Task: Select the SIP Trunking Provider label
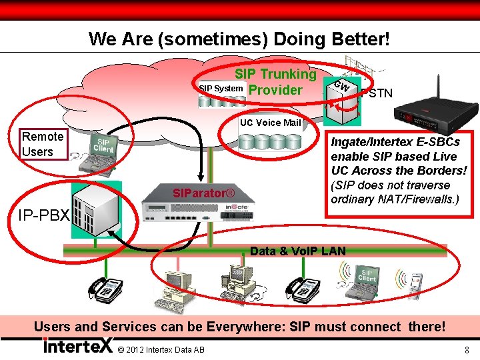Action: click(x=274, y=82)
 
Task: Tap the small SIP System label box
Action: click(x=221, y=89)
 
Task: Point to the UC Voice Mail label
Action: click(x=270, y=123)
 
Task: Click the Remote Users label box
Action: click(x=43, y=144)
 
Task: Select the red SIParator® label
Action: click(x=203, y=193)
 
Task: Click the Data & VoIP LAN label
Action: click(x=297, y=251)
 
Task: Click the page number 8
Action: click(x=467, y=350)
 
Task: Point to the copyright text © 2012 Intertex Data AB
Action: click(x=160, y=351)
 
